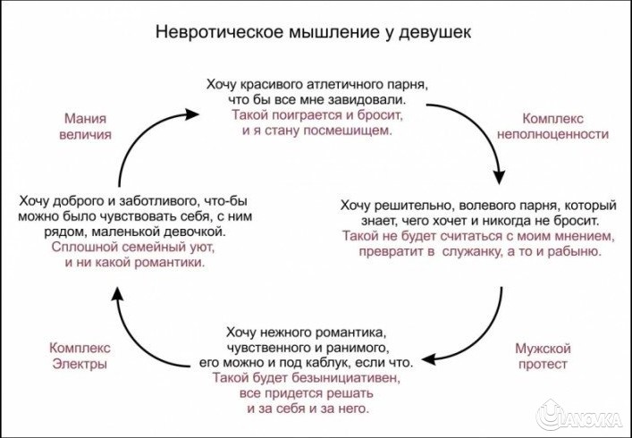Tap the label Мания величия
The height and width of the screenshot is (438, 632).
88,126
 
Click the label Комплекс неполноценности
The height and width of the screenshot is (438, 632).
566,126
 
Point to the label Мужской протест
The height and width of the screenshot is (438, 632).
543,357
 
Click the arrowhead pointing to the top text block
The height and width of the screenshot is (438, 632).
192,114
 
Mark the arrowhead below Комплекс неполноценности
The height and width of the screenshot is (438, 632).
503,174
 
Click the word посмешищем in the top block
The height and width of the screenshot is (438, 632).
355,131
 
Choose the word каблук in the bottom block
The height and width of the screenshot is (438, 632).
355,362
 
